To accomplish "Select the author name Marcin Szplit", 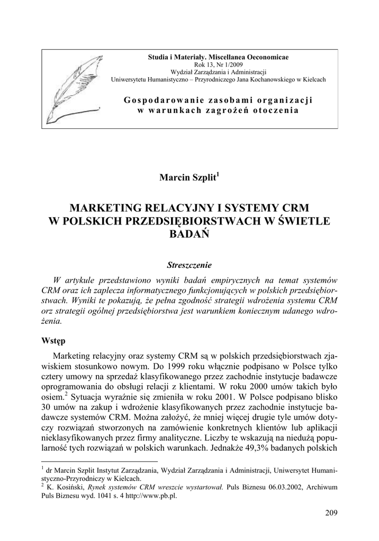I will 188,178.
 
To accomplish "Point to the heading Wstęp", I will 54,341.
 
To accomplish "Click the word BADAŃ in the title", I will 189,234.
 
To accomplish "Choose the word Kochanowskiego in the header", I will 267,80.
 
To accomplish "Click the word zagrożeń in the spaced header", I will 231,110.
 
